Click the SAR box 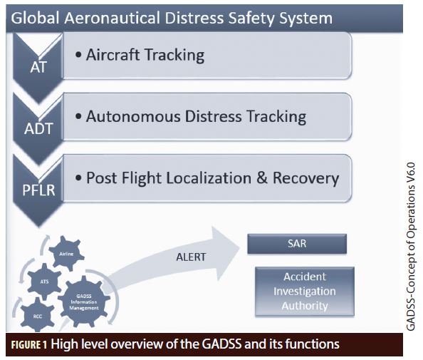pyautogui.click(x=296, y=244)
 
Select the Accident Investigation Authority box pyautogui.click(x=304, y=291)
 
